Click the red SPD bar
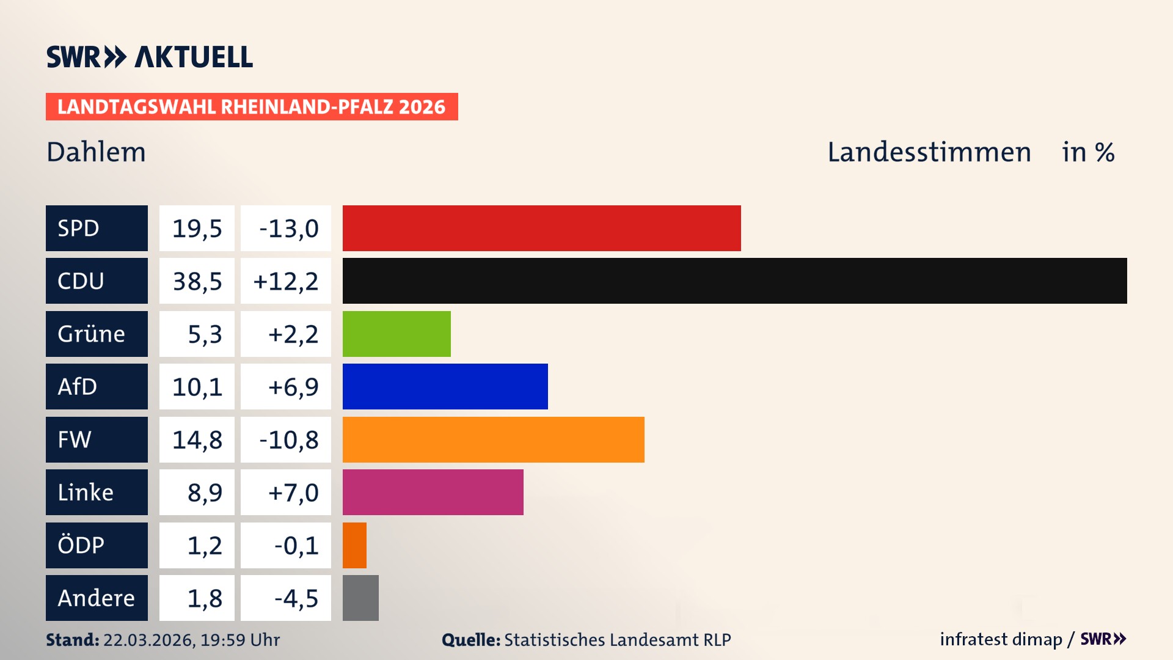tap(541, 228)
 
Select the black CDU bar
tap(734, 281)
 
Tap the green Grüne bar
tap(396, 334)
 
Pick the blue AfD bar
tap(445, 387)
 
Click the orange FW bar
tap(493, 439)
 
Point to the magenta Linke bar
tap(433, 493)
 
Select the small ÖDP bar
tap(354, 545)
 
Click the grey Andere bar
tap(360, 598)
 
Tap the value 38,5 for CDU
tap(197, 281)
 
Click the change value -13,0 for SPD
tap(288, 229)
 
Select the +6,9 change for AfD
tap(293, 387)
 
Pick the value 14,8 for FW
tap(197, 439)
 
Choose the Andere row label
tap(97, 598)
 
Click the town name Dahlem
tap(96, 152)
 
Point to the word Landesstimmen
tap(929, 152)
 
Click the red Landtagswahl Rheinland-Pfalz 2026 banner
tap(252, 107)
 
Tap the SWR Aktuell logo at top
tap(150, 57)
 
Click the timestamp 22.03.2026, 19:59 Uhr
tap(191, 640)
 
